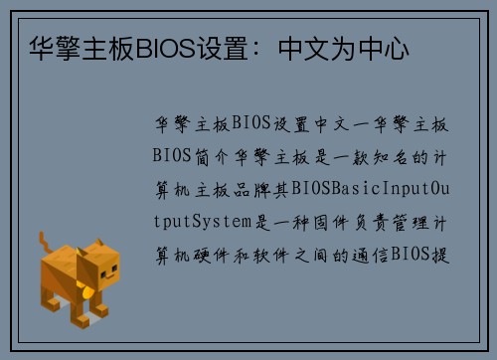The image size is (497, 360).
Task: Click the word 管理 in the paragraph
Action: pos(407,221)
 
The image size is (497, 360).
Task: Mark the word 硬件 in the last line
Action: pos(214,254)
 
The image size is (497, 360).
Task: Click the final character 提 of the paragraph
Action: pos(441,254)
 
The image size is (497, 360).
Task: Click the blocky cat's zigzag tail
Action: pos(46,245)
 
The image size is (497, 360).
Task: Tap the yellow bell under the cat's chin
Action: pos(91,291)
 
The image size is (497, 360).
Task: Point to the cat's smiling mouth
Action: pos(99,277)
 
